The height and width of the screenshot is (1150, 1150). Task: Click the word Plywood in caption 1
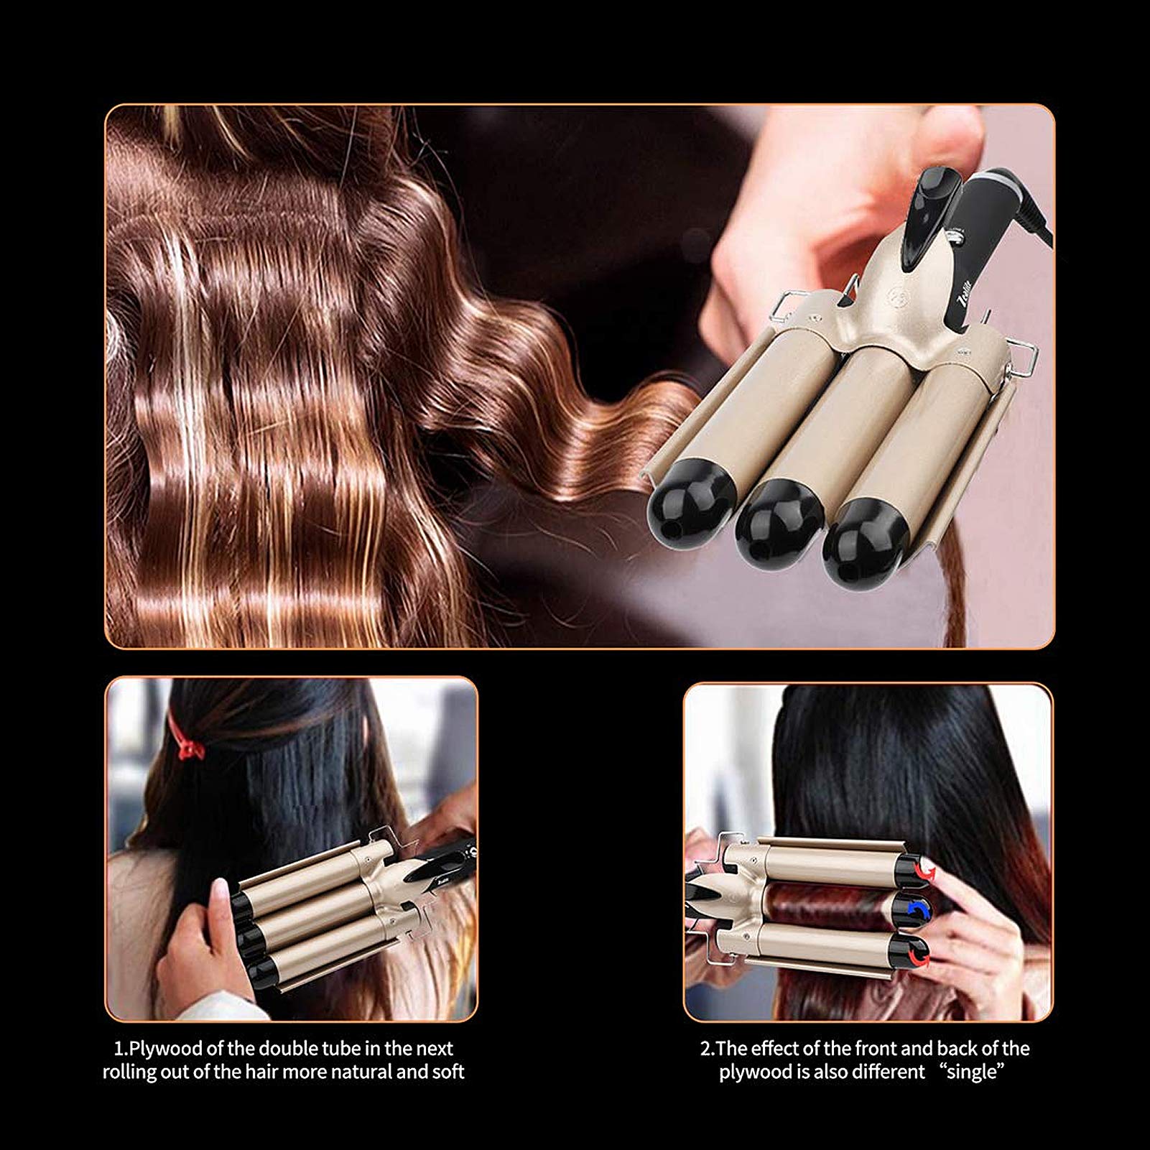pos(164,1049)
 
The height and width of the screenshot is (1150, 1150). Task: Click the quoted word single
pos(975,1072)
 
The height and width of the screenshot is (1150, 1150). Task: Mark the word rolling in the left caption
pos(131,1073)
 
